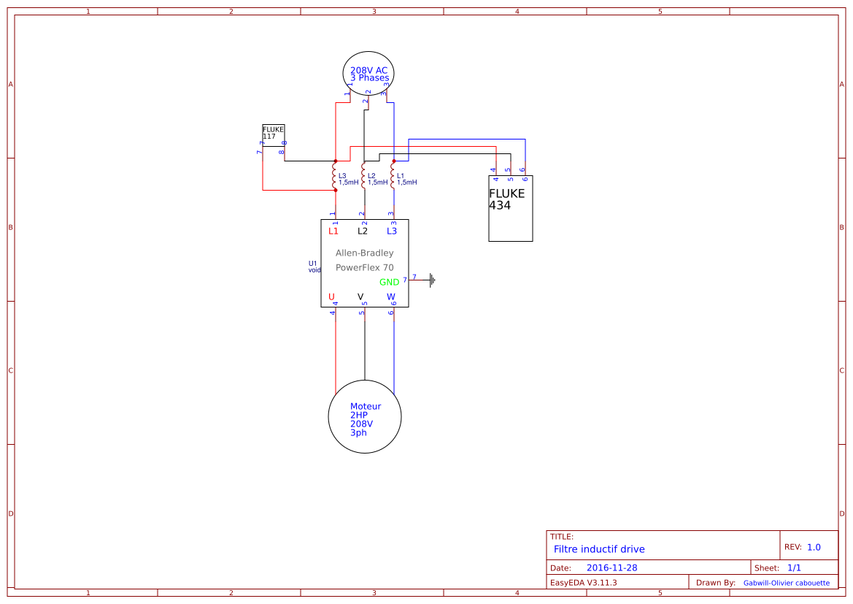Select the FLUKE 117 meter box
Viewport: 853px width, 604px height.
[273, 132]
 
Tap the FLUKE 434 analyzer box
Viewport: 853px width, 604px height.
[510, 209]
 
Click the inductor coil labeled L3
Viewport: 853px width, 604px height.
[335, 176]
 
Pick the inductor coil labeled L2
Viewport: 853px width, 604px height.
[363, 176]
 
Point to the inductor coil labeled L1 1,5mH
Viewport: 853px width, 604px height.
[393, 176]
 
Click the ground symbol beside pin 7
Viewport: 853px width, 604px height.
[432, 280]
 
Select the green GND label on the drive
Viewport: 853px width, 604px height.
[389, 282]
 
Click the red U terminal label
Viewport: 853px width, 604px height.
[331, 297]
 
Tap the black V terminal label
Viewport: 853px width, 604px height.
[360, 297]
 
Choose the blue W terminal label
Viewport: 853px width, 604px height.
[390, 297]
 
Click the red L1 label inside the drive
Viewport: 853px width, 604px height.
[333, 231]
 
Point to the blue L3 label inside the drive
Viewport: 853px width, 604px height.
[392, 231]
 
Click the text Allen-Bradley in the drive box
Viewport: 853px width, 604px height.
[364, 253]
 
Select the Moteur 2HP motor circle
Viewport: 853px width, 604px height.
[365, 417]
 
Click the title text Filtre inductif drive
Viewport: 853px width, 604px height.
[599, 549]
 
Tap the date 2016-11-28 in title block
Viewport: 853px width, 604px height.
[611, 567]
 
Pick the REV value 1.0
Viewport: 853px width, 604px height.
[814, 547]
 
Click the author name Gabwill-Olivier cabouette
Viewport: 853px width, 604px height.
[786, 583]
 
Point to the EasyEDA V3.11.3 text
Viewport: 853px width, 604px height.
[583, 583]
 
